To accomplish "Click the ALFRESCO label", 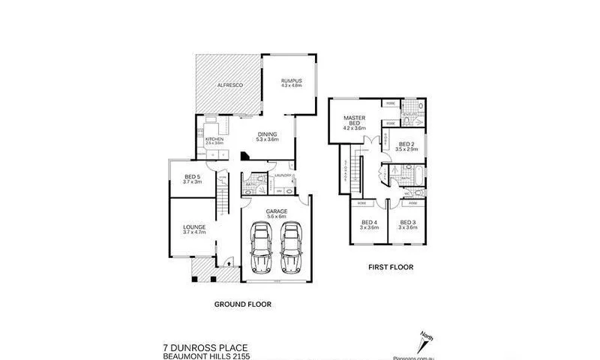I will click(x=226, y=86).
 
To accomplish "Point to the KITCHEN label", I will click(x=214, y=139).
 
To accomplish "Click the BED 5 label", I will click(x=193, y=178).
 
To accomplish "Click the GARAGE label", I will click(x=277, y=211).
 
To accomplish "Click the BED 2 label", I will click(x=406, y=144).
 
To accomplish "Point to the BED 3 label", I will click(x=407, y=222).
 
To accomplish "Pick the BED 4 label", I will click(x=368, y=222).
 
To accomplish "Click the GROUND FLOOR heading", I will click(x=242, y=304).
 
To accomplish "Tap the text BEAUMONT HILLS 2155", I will click(x=206, y=356).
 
